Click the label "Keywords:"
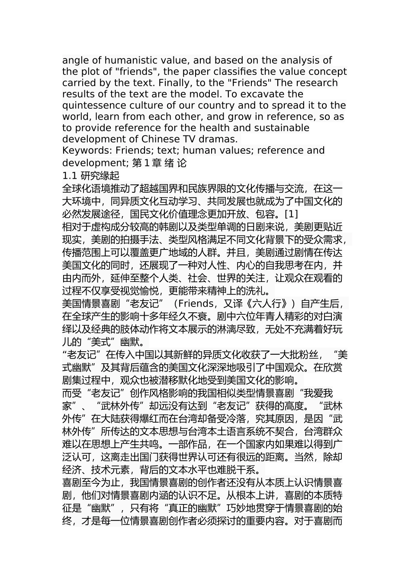click(x=87, y=150)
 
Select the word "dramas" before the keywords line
click(x=219, y=139)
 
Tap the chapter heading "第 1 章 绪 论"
click(x=159, y=163)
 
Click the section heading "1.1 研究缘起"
click(x=90, y=176)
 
